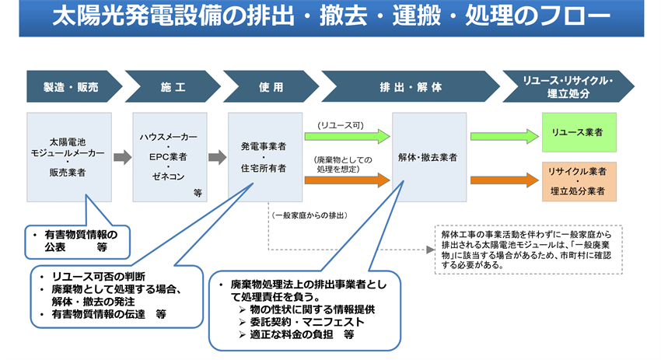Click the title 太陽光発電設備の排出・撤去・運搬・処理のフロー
[330, 16]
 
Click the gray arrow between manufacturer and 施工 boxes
[122, 158]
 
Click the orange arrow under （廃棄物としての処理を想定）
[346, 180]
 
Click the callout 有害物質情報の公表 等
[76, 240]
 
